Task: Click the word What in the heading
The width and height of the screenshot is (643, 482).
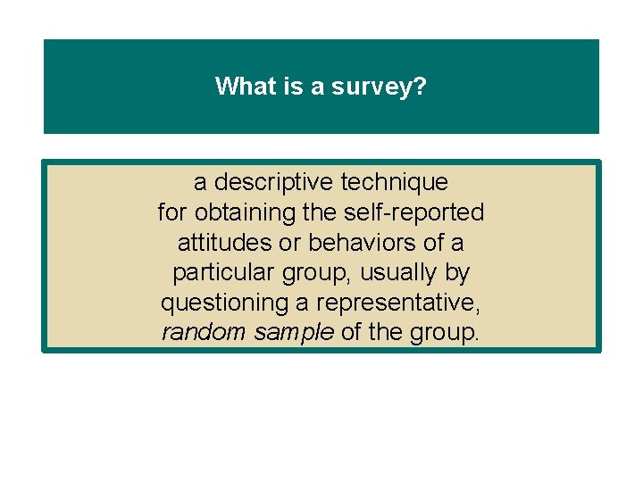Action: (x=239, y=87)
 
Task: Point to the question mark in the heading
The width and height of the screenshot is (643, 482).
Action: (x=419, y=87)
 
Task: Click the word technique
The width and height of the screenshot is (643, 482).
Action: (x=397, y=183)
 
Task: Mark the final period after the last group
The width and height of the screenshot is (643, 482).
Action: (x=478, y=339)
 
